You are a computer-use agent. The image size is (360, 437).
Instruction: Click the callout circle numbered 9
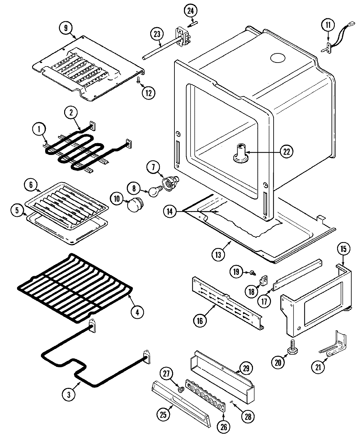(66, 28)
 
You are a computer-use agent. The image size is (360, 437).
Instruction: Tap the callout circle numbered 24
(190, 10)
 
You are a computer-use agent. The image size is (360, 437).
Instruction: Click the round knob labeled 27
(180, 390)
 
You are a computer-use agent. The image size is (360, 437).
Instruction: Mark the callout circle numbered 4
(137, 312)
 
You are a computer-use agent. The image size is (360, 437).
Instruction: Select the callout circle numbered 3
(69, 395)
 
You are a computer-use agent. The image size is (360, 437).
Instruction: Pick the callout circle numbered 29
(245, 369)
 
